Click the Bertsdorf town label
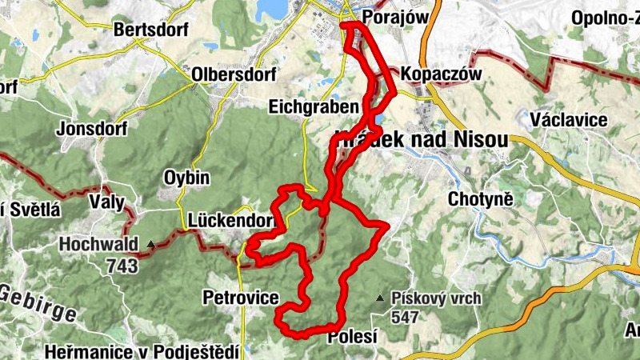pyautogui.click(x=150, y=30)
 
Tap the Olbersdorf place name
pyautogui.click(x=234, y=74)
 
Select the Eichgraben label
pyautogui.click(x=311, y=106)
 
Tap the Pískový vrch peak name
pyautogui.click(x=437, y=299)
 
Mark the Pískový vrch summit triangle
pyautogui.click(x=379, y=298)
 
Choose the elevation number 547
pyautogui.click(x=406, y=317)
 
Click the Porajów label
pyautogui.click(x=390, y=17)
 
